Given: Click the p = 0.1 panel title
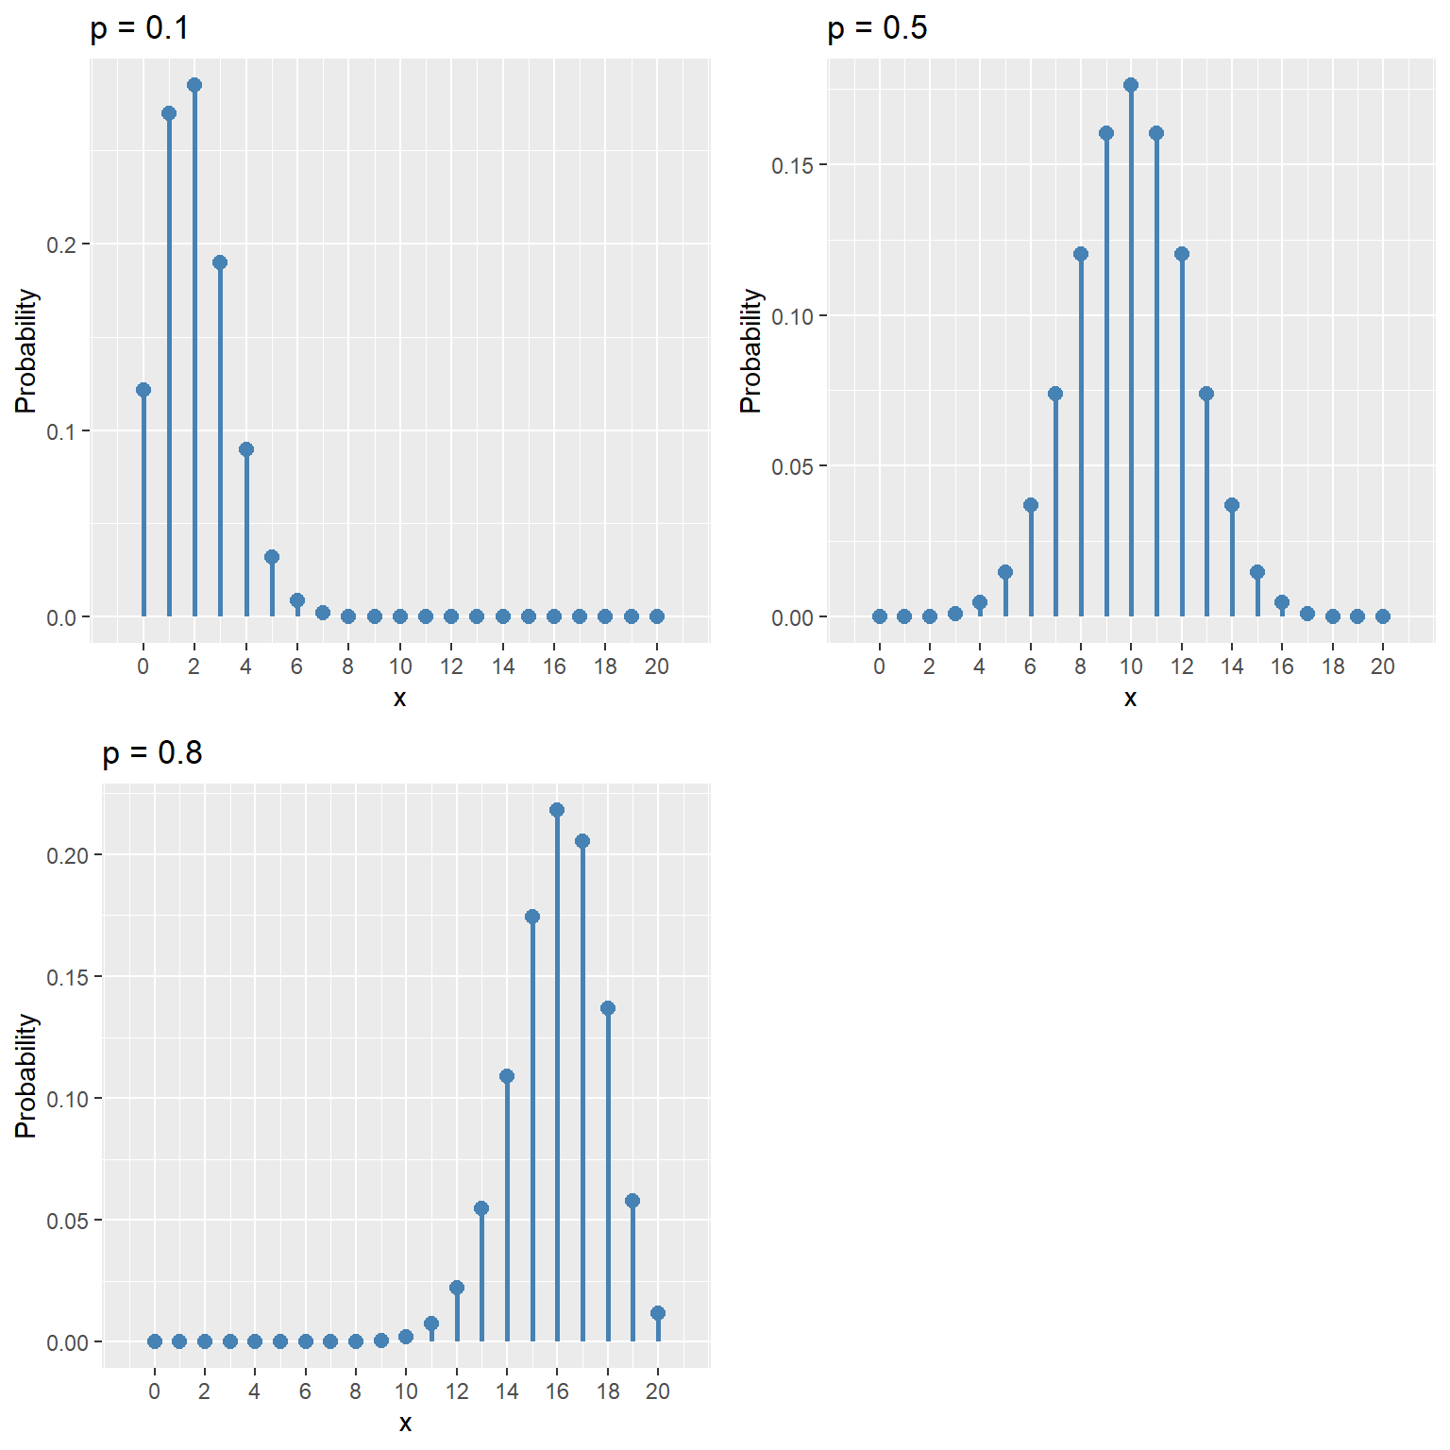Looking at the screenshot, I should (x=140, y=29).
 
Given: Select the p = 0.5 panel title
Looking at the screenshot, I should (x=877, y=29).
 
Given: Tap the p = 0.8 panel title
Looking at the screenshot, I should (x=152, y=753).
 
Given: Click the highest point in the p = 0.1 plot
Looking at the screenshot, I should (x=194, y=85).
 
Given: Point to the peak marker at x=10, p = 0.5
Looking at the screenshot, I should (x=1131, y=85).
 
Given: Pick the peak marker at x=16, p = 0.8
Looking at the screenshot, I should (x=557, y=810).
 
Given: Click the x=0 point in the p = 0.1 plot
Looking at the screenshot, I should (x=143, y=390).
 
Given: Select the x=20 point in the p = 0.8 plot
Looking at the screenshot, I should (x=658, y=1313).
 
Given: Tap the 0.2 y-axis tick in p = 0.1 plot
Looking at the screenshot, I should (x=61, y=244).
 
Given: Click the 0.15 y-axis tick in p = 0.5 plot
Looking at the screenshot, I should (x=793, y=165).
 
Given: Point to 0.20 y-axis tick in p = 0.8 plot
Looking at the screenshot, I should (x=67, y=855).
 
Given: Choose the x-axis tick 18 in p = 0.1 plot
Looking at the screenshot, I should (x=605, y=666).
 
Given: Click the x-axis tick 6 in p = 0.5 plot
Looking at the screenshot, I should (x=1030, y=666).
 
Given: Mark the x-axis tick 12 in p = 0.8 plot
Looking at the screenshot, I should (x=457, y=1391).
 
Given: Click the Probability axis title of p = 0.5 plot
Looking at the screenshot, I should (x=750, y=351).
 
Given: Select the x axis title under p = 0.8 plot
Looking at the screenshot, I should (x=405, y=1423).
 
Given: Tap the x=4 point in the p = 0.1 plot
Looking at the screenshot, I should (x=246, y=449).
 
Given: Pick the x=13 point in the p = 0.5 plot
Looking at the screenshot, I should (x=1206, y=394).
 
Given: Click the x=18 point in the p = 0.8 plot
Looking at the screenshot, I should (x=608, y=1008).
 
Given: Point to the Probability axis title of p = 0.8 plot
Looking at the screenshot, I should (x=26, y=1076).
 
